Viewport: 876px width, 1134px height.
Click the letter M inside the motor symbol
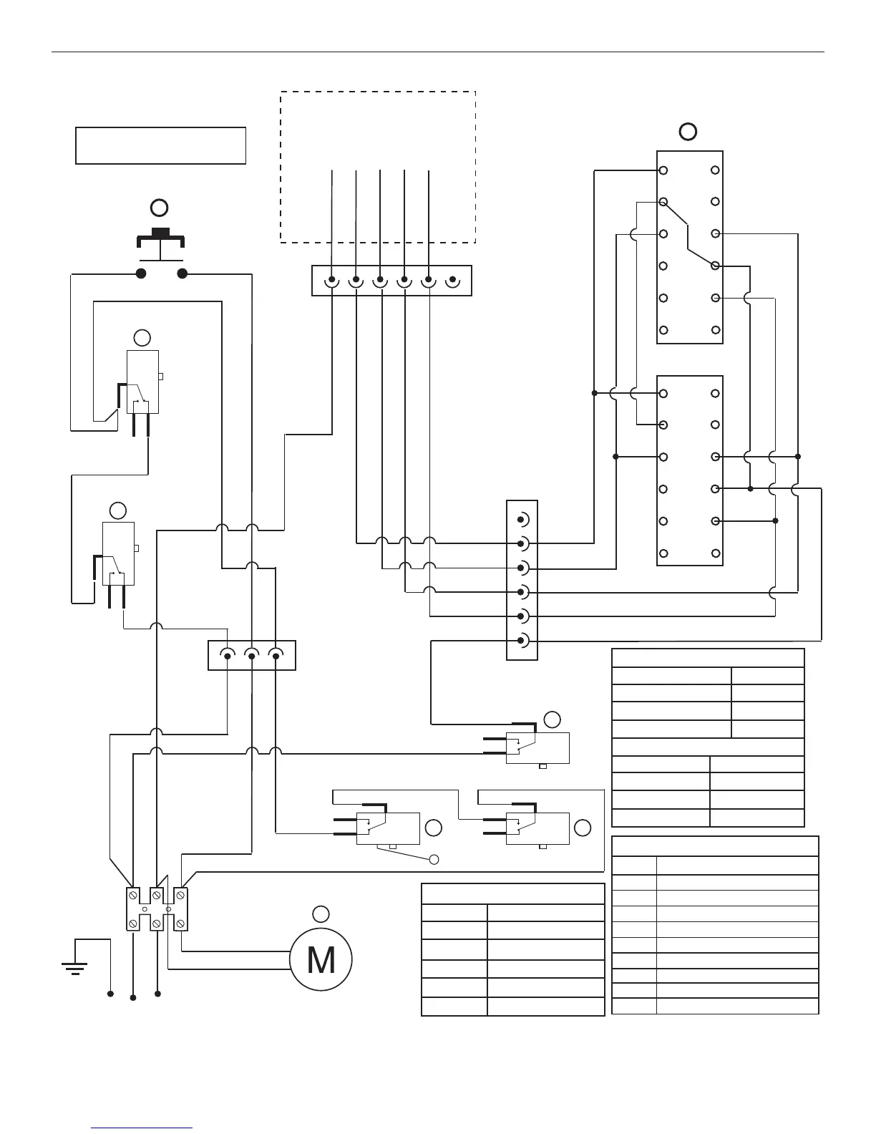321,960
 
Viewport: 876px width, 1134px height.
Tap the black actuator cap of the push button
160,232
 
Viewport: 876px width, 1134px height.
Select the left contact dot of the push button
142,273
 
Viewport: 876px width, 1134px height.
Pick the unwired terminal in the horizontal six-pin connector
452,279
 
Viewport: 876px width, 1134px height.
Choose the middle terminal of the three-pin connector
251,655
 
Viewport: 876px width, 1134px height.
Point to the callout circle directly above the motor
321,913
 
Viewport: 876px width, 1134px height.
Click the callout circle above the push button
159,208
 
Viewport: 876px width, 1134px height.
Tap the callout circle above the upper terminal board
688,132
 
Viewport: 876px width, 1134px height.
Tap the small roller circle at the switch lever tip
433,859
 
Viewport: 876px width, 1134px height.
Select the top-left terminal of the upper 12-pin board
663,170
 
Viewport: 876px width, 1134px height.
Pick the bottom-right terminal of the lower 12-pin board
715,553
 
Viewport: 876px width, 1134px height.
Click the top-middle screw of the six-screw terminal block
156,895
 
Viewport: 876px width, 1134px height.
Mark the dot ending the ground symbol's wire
110,994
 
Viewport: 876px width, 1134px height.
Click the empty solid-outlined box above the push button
160,145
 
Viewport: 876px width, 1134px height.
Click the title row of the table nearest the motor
512,894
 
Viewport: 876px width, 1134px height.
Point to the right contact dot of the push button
182,273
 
